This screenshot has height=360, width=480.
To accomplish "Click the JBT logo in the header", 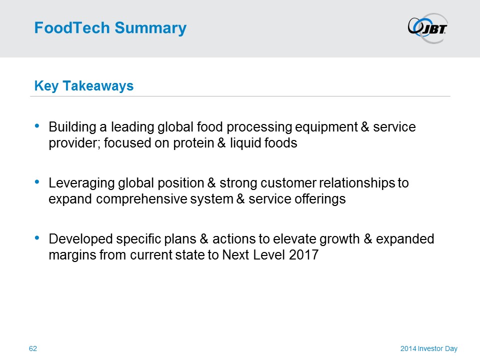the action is coord(427,28).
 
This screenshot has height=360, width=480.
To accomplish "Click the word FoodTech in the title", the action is coord(72,27).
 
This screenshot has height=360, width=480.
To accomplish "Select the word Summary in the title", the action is coord(150,28).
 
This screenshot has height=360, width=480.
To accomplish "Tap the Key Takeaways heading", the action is coord(84,85).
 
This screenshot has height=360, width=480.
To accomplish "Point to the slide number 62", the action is coord(33,348).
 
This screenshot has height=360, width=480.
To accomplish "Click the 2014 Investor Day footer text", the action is coord(429,348).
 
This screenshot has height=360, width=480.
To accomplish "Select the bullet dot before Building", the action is coord(37,125).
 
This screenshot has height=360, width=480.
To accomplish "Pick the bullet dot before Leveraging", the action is coord(37,181).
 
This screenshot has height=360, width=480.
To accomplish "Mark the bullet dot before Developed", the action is coord(37,237).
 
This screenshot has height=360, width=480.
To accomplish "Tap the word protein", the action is coord(193,143).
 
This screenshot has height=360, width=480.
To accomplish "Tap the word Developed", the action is coord(81,239).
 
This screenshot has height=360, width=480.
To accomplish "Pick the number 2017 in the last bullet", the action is coord(303,255).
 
